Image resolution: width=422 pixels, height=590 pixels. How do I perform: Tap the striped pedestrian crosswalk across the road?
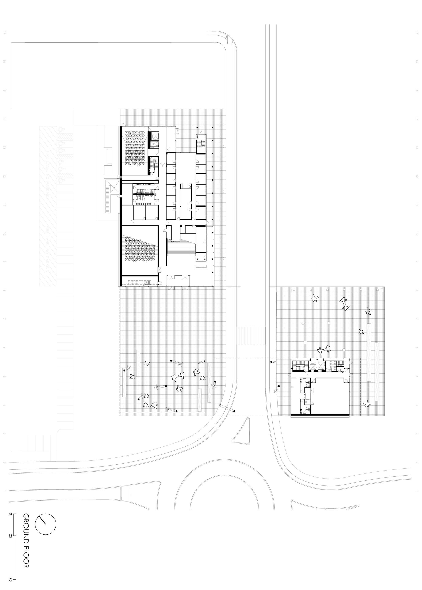pyautogui.click(x=251, y=336)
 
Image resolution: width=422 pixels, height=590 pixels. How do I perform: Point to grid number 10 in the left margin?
pyautogui.click(x=4, y=233)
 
